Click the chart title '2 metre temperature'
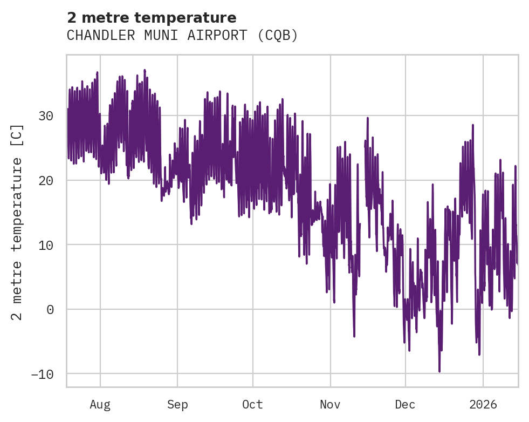pos(152,18)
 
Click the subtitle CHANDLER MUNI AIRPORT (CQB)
pos(182,35)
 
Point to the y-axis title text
pos(17,222)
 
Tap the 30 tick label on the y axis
pos(46,116)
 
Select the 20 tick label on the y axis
pos(46,180)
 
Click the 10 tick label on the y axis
pos(46,245)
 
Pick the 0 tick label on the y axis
pos(50,310)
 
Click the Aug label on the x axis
pos(100,404)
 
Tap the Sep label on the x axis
pos(177,404)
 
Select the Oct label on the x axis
pos(252,404)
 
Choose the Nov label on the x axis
pos(330,404)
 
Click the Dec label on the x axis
pos(405,404)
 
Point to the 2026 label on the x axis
pos(483,404)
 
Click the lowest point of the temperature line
pos(439,371)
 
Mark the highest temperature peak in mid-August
pos(145,70)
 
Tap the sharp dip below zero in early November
pos(354,336)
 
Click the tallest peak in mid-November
pos(367,118)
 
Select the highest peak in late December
pos(473,125)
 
